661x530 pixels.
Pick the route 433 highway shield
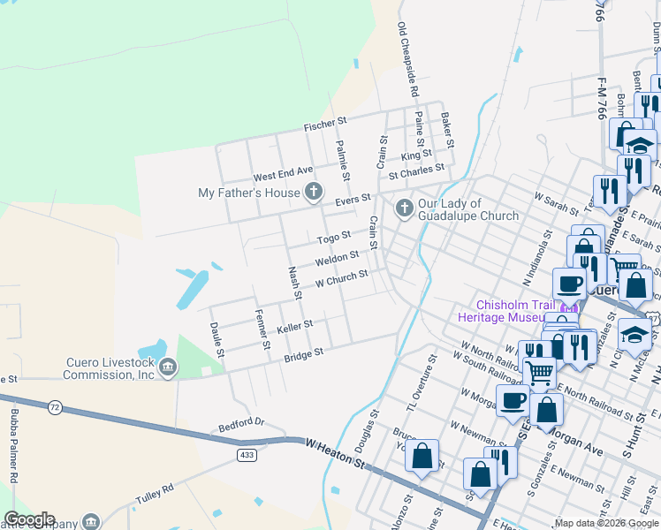point(247,454)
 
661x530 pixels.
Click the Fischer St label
point(325,127)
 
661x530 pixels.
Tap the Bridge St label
point(303,353)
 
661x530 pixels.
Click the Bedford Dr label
point(241,424)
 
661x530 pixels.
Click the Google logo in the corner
point(29,519)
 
